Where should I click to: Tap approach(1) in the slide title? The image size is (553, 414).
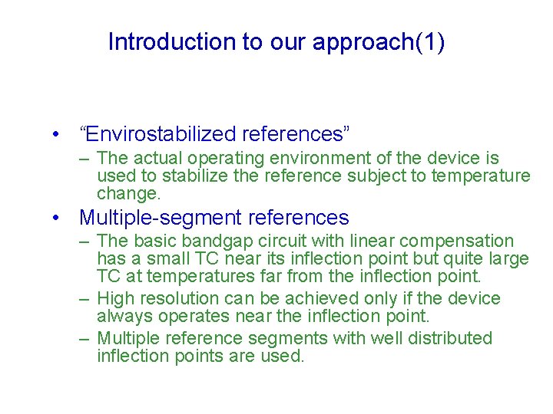[x=378, y=42]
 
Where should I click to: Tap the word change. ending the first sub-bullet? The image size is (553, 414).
[x=128, y=194]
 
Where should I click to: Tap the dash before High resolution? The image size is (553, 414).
[x=86, y=299]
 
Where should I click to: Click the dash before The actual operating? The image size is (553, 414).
[x=86, y=159]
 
